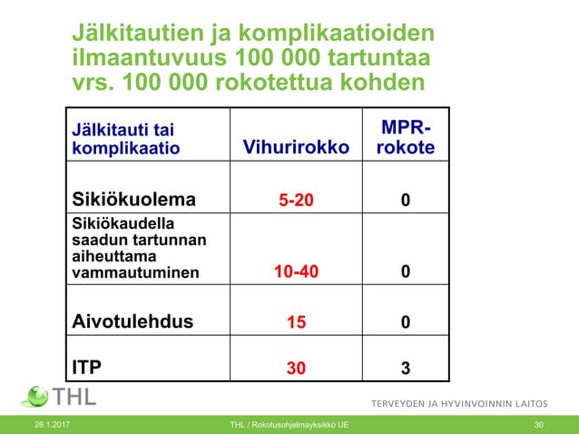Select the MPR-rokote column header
pos(405,139)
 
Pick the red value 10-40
pos(297,271)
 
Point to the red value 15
pos(297,321)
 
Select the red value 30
pos(297,368)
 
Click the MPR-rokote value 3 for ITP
pos(405,368)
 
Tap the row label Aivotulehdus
pos(132,321)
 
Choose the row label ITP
pos(87,367)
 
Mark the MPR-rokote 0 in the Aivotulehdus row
pos(405,321)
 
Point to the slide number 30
pos(539,425)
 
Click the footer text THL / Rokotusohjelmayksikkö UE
pos(289,425)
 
